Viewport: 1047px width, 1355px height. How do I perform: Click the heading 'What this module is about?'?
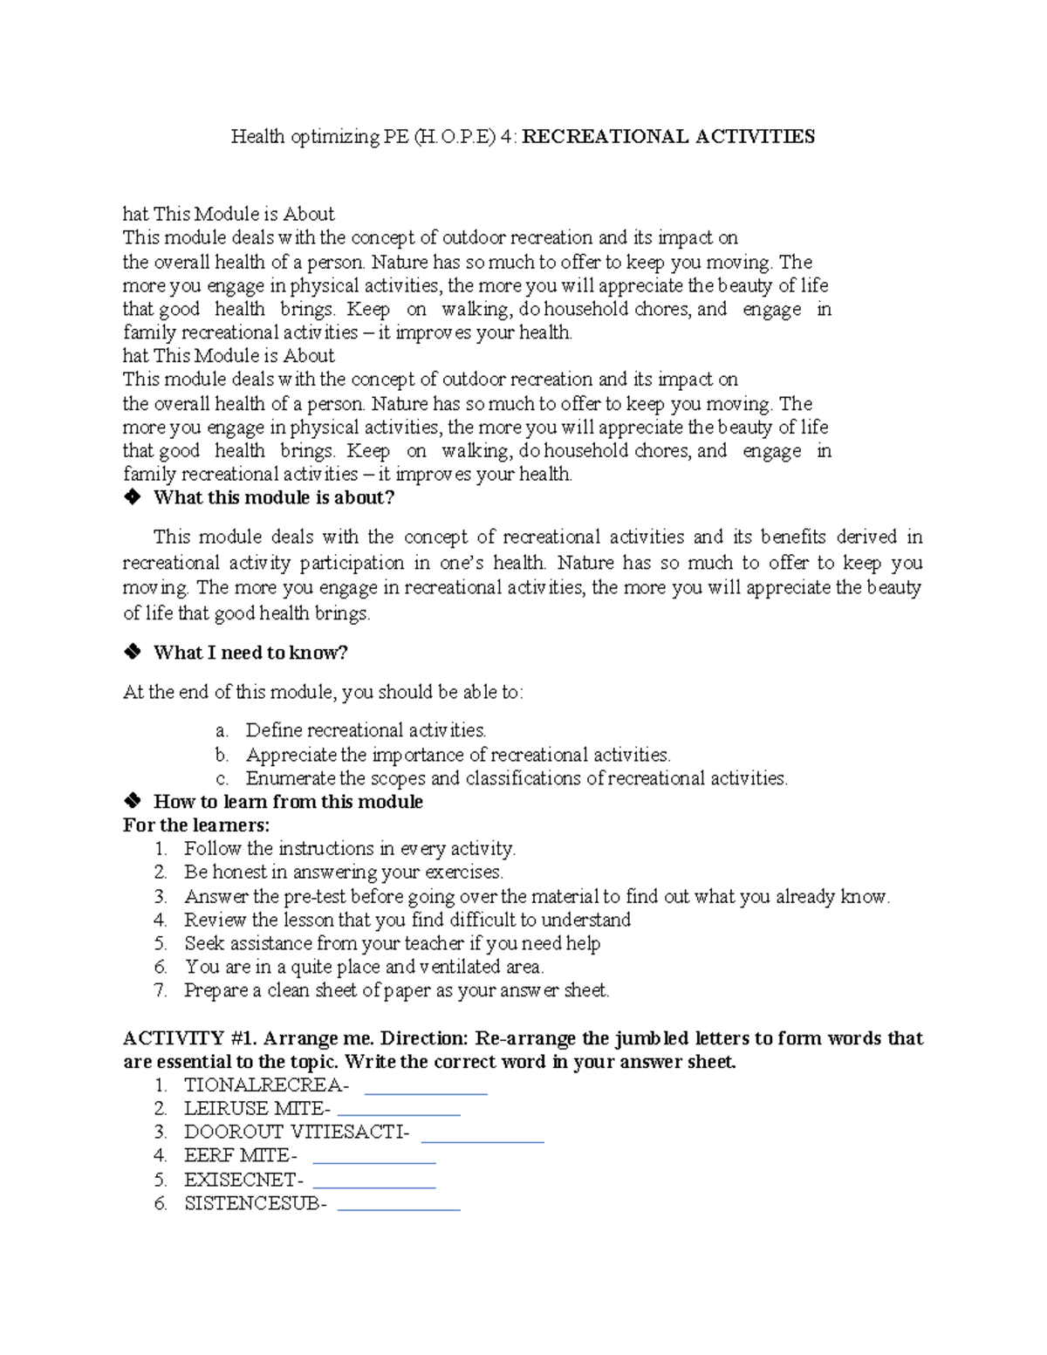click(x=274, y=498)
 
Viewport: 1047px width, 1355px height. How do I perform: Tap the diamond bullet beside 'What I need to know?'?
click(x=132, y=653)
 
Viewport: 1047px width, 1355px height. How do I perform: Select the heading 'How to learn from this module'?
click(x=288, y=802)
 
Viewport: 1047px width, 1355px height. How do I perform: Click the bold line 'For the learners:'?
click(x=196, y=825)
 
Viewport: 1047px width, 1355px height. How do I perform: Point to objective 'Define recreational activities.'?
click(x=366, y=730)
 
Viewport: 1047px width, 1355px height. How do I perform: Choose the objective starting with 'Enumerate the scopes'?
click(x=516, y=778)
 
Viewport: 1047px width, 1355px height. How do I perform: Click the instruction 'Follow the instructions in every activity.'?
click(x=349, y=849)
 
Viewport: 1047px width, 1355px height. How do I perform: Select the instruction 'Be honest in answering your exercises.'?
click(x=343, y=873)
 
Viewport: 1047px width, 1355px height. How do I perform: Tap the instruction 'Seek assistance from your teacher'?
click(x=392, y=943)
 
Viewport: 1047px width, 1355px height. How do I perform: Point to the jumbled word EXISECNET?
click(x=243, y=1180)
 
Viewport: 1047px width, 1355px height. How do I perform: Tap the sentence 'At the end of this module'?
click(x=323, y=693)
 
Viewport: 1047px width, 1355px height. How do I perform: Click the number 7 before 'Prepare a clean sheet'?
click(x=160, y=990)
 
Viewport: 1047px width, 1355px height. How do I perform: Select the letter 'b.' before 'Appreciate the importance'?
click(x=222, y=755)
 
